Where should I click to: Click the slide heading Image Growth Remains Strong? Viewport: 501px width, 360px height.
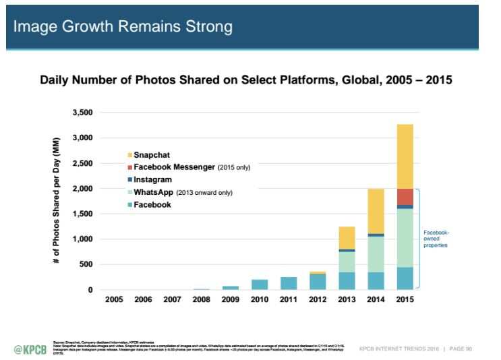point(123,26)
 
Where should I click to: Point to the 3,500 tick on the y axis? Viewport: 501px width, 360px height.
point(83,113)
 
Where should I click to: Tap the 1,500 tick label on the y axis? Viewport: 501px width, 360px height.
point(83,214)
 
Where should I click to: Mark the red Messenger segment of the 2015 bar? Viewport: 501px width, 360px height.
point(405,196)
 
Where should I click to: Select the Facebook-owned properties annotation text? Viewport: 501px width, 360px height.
point(436,238)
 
